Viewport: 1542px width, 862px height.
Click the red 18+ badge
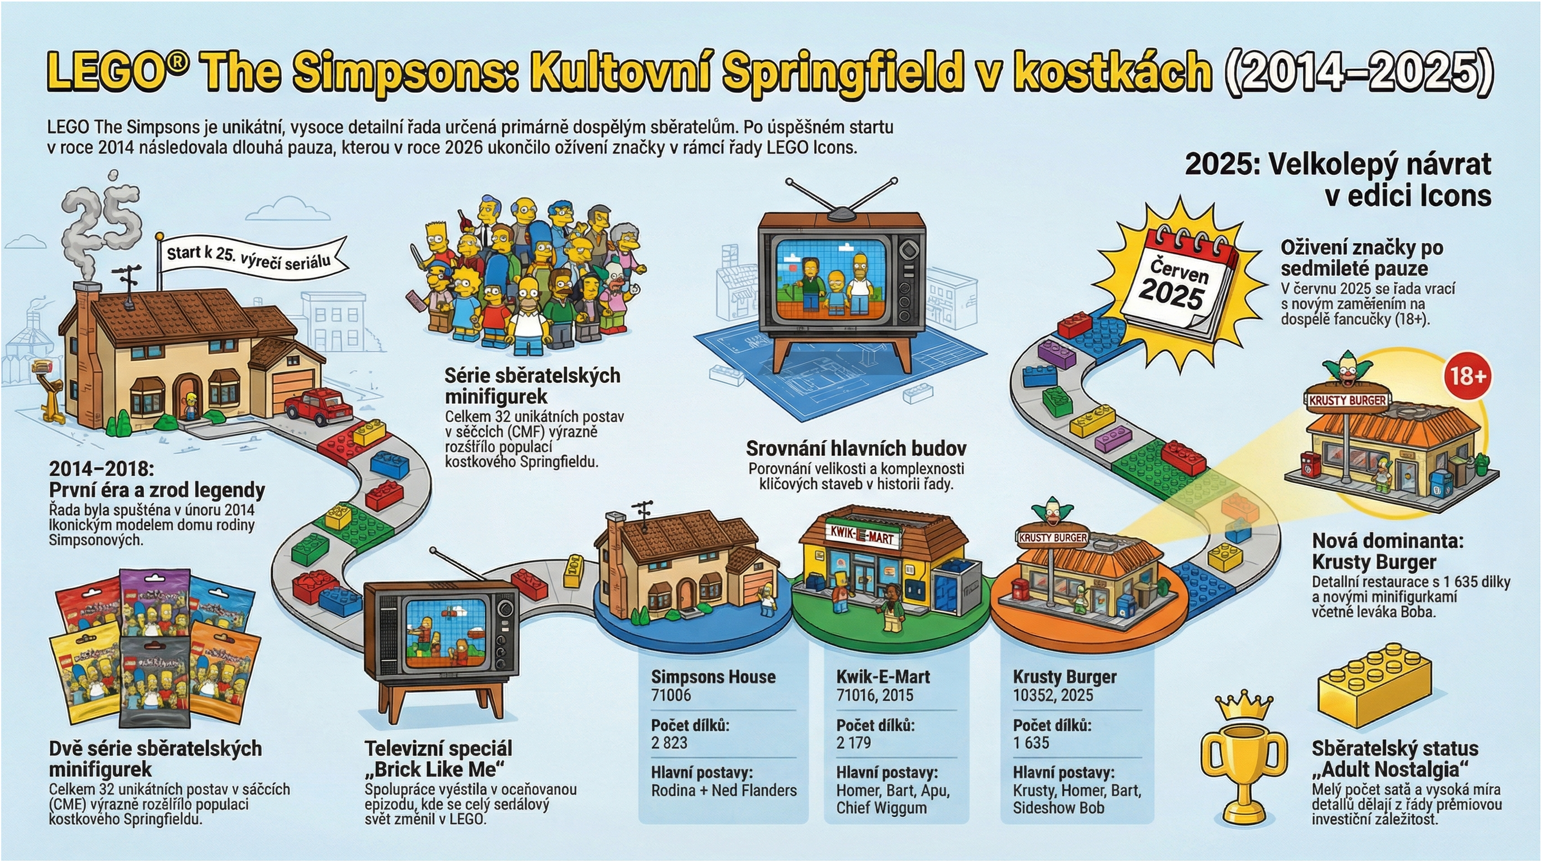[1467, 376]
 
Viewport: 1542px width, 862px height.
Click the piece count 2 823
[669, 743]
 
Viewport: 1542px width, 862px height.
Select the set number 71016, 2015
[875, 696]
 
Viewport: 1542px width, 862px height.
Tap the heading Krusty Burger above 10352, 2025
[1064, 677]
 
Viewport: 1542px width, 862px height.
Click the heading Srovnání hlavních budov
[856, 448]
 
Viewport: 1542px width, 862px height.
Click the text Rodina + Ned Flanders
[724, 790]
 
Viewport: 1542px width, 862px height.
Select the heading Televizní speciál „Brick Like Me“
[438, 759]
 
